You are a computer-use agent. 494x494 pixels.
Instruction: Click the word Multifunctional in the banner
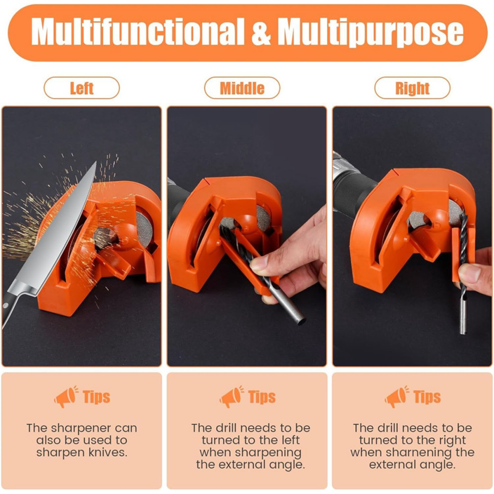138,31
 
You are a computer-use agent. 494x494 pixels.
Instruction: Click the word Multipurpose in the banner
370,32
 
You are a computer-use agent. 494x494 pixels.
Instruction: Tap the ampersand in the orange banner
261,31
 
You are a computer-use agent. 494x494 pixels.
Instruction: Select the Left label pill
82,88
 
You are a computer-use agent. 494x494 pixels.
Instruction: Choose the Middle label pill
242,88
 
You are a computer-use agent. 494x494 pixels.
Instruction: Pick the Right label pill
412,88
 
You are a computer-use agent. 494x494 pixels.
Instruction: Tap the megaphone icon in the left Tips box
66,396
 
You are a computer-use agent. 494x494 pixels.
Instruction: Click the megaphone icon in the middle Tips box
232,396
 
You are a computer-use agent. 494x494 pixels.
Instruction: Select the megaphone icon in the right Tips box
397,396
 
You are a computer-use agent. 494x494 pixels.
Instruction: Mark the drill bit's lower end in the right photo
463,332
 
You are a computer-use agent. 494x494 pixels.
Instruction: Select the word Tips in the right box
427,396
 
